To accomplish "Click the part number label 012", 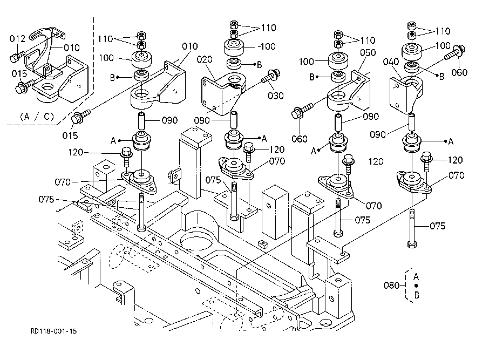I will click(17, 39).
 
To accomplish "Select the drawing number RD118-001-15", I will click(53, 331).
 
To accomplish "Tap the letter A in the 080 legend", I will click(416, 276).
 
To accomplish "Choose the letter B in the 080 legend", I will click(416, 295).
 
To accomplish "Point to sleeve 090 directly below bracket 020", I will click(235, 119).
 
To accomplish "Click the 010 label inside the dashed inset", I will click(72, 47).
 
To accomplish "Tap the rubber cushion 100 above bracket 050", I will click(339, 58).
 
